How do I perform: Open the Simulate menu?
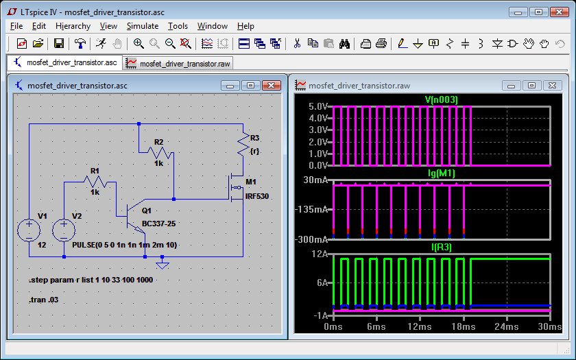coord(143,26)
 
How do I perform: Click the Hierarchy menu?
coord(73,26)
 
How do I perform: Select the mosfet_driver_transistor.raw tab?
coord(178,64)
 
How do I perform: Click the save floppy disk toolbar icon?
coord(59,44)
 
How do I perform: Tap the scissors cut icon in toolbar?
coord(297,44)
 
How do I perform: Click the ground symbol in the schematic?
coord(162,263)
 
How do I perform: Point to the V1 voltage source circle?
coord(29,230)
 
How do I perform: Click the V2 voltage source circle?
coord(64,230)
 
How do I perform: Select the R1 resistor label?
coord(95,171)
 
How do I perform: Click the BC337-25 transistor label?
coord(158,224)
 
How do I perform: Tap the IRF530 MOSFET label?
coord(256,196)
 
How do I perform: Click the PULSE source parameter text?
coord(125,245)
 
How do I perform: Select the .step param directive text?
coord(91,280)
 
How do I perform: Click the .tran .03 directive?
coord(43,300)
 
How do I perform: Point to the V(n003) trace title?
coord(441,99)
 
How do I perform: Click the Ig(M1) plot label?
coord(441,173)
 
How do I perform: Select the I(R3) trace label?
coord(441,248)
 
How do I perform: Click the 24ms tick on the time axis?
coord(507,326)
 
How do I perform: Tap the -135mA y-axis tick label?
coord(311,209)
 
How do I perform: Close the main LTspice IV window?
coord(559,12)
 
